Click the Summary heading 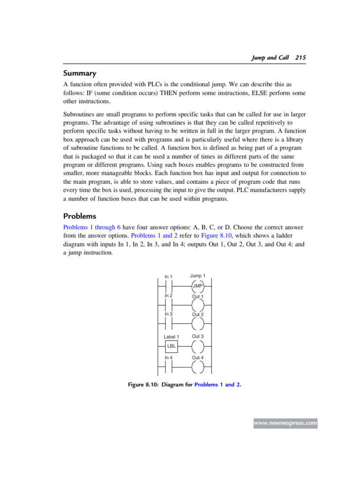[x=80, y=73]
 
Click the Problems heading [x=81, y=216]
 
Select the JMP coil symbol [x=197, y=285]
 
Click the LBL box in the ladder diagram [x=171, y=346]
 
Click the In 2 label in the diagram [x=169, y=296]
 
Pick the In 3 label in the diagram [x=169, y=314]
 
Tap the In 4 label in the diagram [x=169, y=358]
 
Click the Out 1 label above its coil [x=197, y=297]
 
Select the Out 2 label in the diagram [x=197, y=315]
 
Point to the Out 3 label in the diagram [x=197, y=337]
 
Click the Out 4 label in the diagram [x=197, y=358]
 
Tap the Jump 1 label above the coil [x=197, y=276]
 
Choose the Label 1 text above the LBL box [x=171, y=337]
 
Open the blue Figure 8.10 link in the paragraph [x=217, y=235]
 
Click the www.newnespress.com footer [x=285, y=423]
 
